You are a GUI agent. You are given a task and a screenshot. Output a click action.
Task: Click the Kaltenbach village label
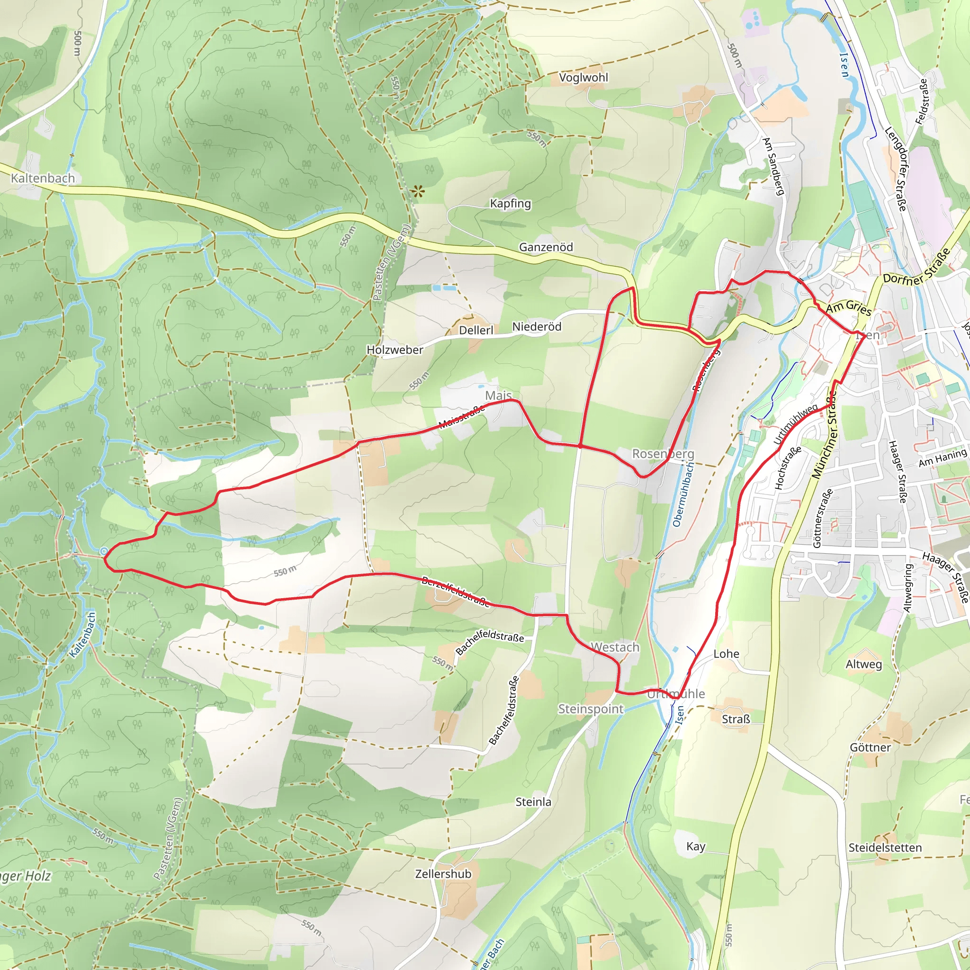pos(43,178)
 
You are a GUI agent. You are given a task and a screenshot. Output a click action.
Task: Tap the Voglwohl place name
pos(584,77)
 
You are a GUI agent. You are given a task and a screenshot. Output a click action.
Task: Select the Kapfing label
pos(510,203)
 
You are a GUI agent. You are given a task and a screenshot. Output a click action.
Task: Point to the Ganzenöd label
pos(546,247)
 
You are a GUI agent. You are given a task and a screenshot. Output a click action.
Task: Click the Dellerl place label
pos(476,330)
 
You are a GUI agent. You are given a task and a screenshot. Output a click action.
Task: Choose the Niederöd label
pos(536,327)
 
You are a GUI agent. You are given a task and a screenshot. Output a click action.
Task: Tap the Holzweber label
pos(395,350)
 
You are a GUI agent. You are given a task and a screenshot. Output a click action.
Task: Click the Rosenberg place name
pos(663,453)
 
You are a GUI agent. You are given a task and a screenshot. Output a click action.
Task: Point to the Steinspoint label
pos(591,709)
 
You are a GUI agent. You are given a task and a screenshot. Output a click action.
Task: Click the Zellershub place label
pos(443,873)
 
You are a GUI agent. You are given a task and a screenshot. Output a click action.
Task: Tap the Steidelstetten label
pos(885,847)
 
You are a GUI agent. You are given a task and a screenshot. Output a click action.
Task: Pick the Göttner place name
pos(870,747)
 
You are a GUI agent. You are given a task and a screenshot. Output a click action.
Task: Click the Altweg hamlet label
pos(863,664)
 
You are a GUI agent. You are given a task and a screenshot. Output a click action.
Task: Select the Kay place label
pos(695,846)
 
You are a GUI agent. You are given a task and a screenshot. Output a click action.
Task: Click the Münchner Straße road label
pos(825,435)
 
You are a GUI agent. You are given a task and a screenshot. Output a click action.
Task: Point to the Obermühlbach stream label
pos(683,494)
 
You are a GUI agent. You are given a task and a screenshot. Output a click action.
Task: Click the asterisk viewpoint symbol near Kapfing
pos(418,191)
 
